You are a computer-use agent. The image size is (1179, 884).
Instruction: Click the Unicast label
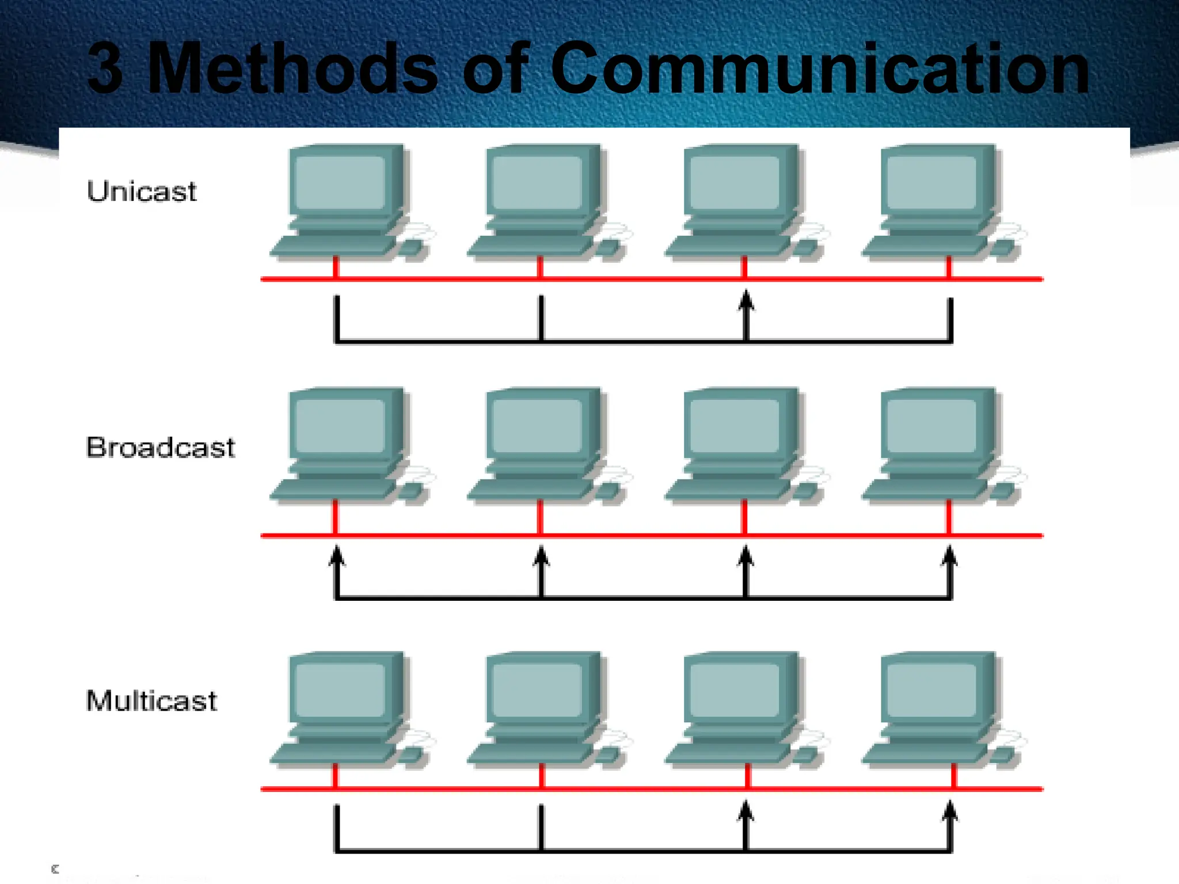[x=141, y=191]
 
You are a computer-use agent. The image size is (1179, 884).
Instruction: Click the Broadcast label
[x=160, y=447]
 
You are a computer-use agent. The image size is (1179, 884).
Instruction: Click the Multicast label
[x=151, y=701]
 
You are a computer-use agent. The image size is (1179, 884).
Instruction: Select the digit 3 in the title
[x=105, y=69]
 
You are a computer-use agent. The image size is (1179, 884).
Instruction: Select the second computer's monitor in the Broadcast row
[x=538, y=425]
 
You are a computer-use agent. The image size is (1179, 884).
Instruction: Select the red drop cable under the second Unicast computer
[x=540, y=268]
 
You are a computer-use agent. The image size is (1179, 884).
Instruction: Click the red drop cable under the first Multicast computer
[x=336, y=776]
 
